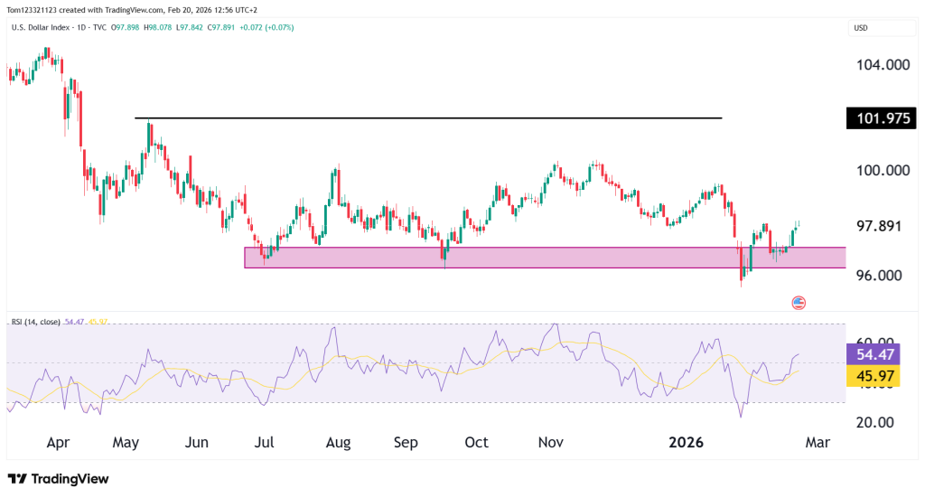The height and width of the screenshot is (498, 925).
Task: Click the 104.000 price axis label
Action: tap(883, 65)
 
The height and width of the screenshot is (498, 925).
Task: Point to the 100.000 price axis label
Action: tap(883, 170)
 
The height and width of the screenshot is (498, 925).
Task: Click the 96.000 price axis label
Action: tap(883, 276)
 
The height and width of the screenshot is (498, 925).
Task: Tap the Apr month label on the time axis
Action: tap(58, 443)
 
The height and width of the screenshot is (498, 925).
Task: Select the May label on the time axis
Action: tap(126, 443)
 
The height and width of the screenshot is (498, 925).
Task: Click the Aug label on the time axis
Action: tap(338, 443)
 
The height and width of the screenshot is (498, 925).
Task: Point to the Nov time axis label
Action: tap(551, 443)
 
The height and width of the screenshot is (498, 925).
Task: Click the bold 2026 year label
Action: tap(686, 443)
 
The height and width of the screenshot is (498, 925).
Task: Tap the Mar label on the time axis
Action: tap(817, 443)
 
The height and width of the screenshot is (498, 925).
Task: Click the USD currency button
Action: tap(861, 28)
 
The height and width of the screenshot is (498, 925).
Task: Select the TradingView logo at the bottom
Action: tap(58, 479)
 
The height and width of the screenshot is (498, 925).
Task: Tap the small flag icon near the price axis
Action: tap(798, 302)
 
